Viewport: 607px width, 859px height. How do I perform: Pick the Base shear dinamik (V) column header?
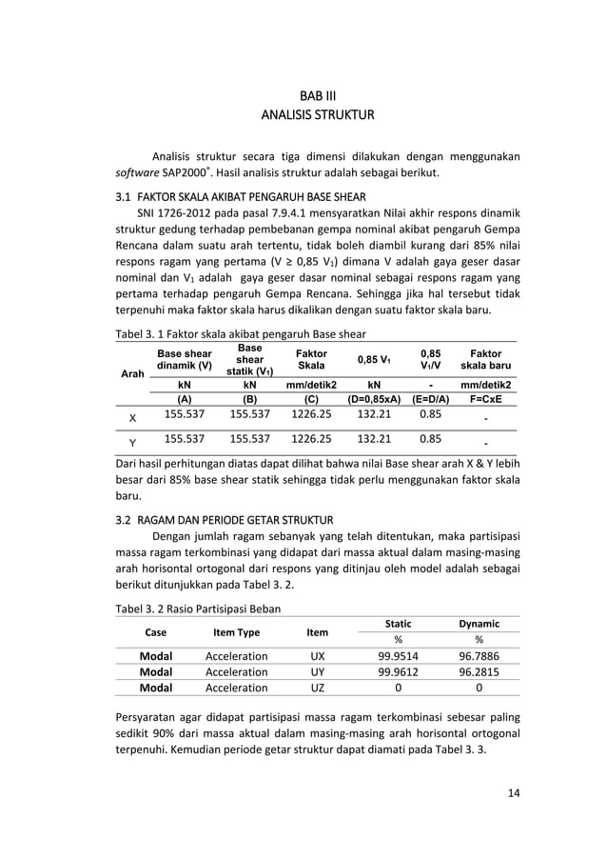(185, 360)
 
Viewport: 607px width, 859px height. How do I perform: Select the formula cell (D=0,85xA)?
(374, 400)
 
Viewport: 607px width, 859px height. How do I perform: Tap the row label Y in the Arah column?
(131, 443)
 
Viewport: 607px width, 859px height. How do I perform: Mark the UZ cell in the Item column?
(317, 688)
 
